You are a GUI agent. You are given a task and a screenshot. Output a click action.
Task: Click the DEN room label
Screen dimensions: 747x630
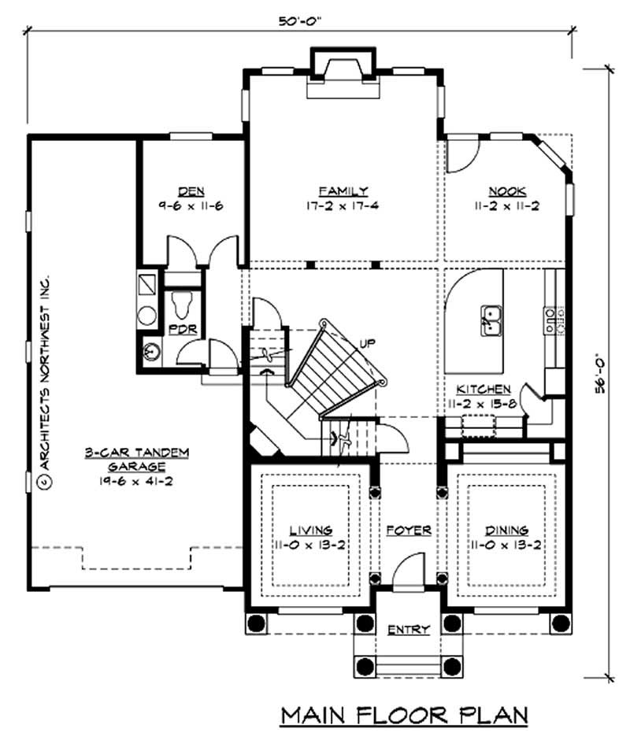point(187,190)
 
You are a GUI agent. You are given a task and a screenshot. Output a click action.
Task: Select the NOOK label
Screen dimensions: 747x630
point(506,190)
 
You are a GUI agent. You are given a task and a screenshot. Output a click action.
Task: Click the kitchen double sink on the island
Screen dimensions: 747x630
point(491,319)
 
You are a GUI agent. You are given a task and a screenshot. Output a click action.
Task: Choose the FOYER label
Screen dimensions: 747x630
point(409,530)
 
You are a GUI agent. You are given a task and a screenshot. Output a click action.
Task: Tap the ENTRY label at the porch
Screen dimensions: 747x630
point(409,629)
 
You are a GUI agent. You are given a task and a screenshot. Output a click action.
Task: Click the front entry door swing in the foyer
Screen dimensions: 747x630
point(409,568)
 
